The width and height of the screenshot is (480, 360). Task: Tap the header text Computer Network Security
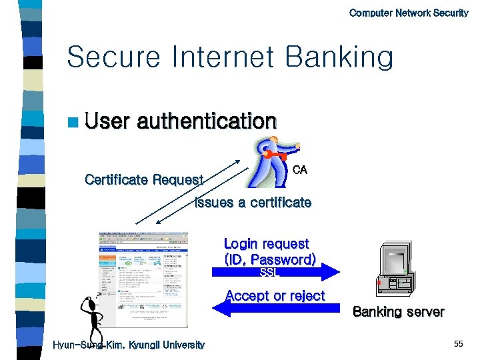tap(409, 13)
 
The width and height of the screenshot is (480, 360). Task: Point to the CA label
tap(299, 170)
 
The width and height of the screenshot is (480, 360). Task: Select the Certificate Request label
tap(144, 180)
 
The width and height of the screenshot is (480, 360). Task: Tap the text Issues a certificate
tap(253, 203)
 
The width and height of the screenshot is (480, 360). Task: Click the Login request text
tap(266, 244)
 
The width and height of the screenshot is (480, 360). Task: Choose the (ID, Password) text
tap(270, 259)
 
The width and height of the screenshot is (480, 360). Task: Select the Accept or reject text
tap(275, 295)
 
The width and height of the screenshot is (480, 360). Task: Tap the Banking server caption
tap(398, 312)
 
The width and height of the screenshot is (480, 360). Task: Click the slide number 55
tap(458, 344)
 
